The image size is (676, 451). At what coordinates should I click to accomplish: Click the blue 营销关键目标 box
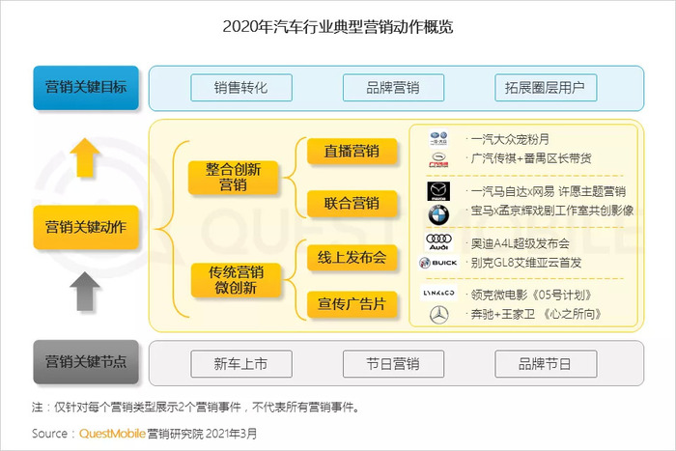click(x=86, y=88)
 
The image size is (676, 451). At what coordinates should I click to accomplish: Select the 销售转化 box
click(x=241, y=88)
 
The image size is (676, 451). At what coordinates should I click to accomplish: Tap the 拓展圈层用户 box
click(x=546, y=88)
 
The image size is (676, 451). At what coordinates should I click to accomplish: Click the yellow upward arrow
click(x=85, y=157)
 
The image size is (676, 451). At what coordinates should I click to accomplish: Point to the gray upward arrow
click(x=85, y=291)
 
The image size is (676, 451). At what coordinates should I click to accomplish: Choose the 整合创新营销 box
click(x=234, y=177)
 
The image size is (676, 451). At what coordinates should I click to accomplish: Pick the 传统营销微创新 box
click(x=236, y=280)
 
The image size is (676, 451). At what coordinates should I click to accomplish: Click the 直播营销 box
click(x=352, y=152)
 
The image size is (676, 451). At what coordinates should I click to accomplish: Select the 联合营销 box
click(x=352, y=203)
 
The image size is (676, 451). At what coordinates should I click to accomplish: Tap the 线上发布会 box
click(x=352, y=258)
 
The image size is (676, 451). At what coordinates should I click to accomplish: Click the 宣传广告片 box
click(x=352, y=304)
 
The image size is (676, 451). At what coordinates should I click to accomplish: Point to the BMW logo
click(x=438, y=215)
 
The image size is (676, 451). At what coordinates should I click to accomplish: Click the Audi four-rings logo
click(x=438, y=241)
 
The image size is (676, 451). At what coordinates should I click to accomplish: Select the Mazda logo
click(x=438, y=191)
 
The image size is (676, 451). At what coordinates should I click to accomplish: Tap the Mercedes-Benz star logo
click(x=439, y=315)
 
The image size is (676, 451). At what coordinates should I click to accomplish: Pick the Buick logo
click(x=438, y=263)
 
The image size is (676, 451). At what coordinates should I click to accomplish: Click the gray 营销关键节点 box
click(x=86, y=362)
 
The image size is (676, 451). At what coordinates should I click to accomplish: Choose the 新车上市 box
click(x=241, y=364)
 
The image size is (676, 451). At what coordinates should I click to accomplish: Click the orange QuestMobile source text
click(x=112, y=434)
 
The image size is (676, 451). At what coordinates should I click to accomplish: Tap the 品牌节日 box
click(x=546, y=364)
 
